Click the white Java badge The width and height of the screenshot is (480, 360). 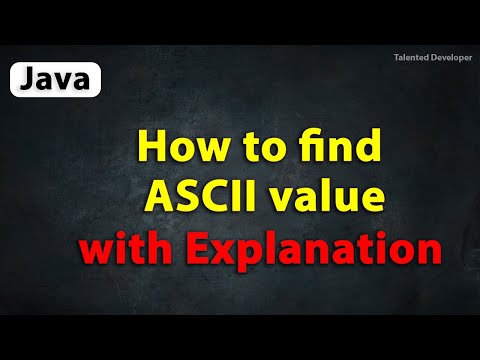point(56,78)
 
